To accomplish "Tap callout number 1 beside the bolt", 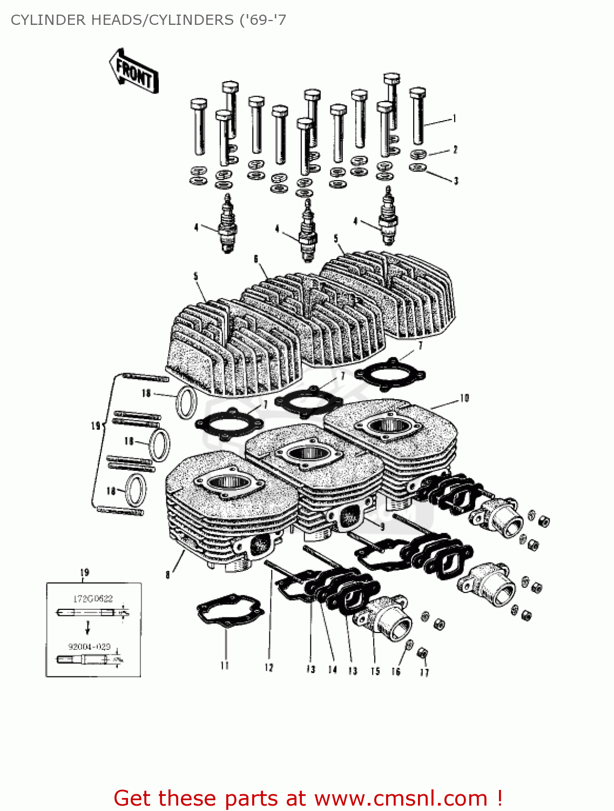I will (455, 118).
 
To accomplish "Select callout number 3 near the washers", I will (456, 181).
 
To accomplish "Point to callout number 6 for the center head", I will (256, 259).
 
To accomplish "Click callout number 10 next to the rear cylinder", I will (464, 398).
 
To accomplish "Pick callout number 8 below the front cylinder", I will (168, 574).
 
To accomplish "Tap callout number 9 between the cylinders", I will (382, 526).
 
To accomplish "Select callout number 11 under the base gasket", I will (225, 666).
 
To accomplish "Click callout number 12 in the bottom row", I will (269, 668).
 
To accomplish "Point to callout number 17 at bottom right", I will (424, 672).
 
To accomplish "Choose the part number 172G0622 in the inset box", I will (93, 599).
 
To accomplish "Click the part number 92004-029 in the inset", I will (89, 646).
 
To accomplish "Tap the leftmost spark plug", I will (227, 224).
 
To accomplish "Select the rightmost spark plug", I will (388, 216).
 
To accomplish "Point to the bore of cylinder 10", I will (388, 425).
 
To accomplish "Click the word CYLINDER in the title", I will (48, 20).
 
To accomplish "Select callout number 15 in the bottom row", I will (375, 671).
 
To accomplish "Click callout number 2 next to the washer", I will (455, 149).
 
